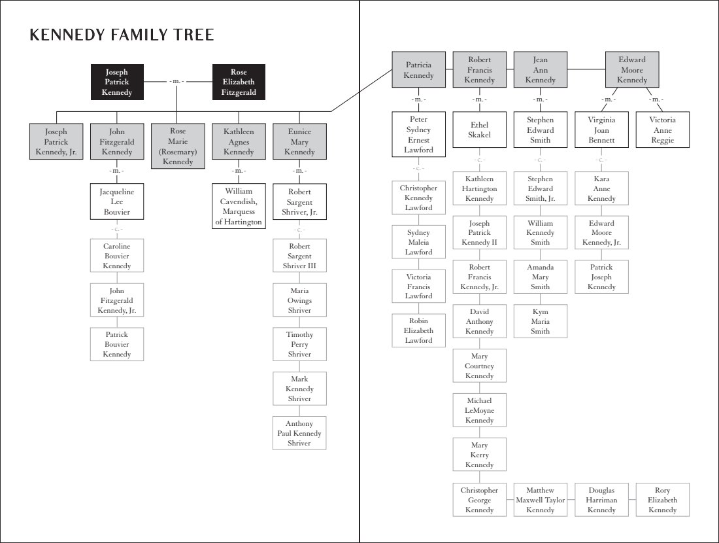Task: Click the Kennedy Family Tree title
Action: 122,35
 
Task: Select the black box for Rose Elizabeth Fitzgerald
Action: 239,82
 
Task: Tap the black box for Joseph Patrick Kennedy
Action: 117,82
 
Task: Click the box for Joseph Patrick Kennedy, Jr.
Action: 56,141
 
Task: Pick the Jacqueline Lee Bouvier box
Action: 117,201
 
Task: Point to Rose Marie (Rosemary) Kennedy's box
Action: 178,146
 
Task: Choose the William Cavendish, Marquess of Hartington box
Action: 239,206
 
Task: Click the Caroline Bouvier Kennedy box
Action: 117,256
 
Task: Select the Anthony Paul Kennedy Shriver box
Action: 299,433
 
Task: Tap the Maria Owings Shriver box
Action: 299,300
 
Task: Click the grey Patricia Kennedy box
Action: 418,70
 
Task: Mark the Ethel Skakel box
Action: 480,130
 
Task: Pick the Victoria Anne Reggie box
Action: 663,130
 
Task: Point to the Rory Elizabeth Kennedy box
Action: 663,500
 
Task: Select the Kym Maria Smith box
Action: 540,321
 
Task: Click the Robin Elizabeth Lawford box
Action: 418,330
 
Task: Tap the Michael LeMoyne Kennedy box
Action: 480,410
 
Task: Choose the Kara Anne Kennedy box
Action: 601,188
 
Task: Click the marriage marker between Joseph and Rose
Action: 177,81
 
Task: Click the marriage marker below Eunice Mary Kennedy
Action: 299,171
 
